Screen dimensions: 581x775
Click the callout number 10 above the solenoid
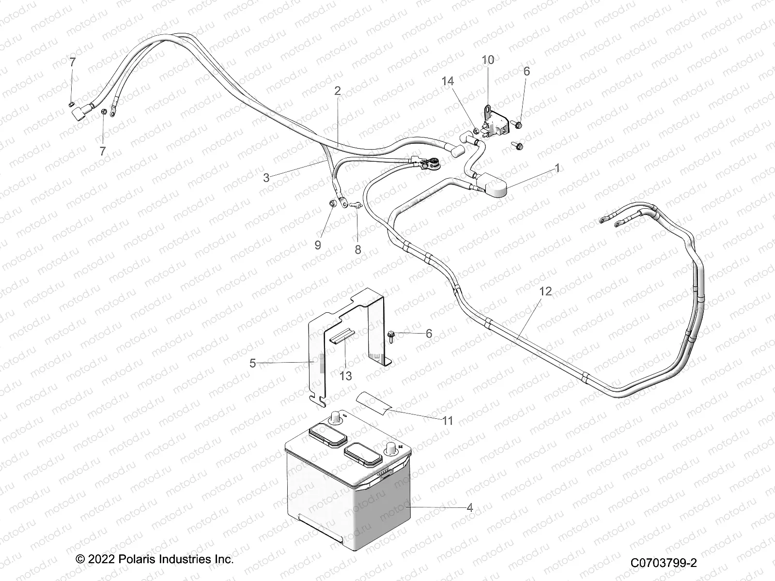488,60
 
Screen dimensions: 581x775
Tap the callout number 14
448,81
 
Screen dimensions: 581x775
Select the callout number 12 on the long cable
545,291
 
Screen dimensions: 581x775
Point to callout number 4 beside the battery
469,507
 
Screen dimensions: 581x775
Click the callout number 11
448,421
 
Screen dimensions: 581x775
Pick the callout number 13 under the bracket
345,376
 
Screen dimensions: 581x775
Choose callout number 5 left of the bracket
252,363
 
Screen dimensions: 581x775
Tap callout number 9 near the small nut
318,245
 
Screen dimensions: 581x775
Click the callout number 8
357,250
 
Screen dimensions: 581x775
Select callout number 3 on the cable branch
266,178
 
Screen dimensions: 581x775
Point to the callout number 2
351,91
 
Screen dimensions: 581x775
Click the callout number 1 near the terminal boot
557,168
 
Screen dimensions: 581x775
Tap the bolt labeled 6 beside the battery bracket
391,334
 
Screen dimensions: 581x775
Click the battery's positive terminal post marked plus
389,451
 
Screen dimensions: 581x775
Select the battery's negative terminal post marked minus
334,417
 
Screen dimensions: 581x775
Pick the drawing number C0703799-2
663,562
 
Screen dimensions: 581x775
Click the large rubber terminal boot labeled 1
493,187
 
